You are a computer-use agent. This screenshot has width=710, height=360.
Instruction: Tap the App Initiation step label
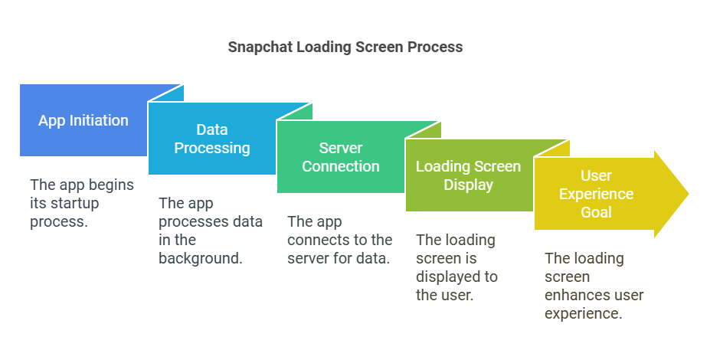tap(83, 120)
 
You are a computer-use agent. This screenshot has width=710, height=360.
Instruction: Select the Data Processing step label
tap(212, 139)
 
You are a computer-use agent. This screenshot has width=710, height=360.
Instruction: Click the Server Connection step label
tap(341, 157)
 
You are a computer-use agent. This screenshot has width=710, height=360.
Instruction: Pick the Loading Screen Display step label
tap(468, 175)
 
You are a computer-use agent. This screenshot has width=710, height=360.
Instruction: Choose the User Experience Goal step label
tap(596, 194)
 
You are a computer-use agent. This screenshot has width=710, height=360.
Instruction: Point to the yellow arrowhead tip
tap(689, 194)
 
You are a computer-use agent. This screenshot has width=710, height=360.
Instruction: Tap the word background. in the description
tap(201, 258)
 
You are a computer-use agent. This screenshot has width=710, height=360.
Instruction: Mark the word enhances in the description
tap(571, 295)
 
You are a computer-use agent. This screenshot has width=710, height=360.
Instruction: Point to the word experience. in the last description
tap(583, 313)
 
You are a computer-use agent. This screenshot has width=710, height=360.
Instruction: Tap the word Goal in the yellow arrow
tap(597, 212)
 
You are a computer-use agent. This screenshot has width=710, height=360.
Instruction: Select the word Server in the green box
tap(341, 148)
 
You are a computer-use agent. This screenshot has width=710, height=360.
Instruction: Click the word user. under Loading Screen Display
tap(456, 295)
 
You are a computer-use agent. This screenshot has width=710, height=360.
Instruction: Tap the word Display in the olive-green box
tap(468, 185)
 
